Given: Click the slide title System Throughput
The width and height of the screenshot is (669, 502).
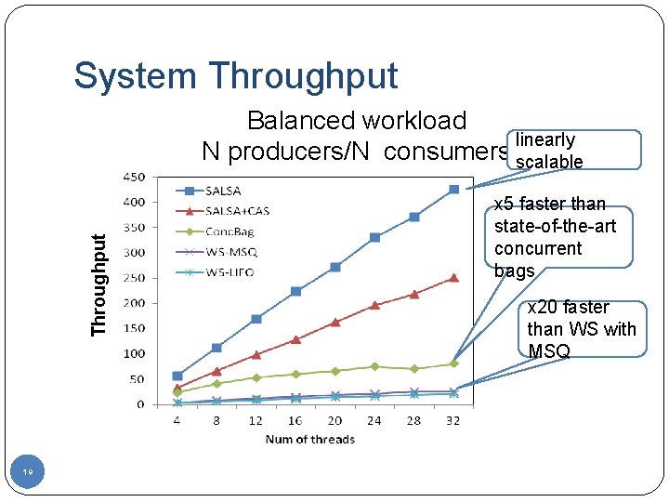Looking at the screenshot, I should tap(235, 76).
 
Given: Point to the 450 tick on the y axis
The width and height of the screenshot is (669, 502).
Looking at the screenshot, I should tap(134, 177).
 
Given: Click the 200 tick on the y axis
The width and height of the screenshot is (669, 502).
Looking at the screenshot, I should tap(134, 303).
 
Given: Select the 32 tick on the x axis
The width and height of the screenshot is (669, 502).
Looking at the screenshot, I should tap(453, 420).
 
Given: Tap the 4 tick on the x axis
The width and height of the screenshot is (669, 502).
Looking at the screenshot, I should tap(177, 420).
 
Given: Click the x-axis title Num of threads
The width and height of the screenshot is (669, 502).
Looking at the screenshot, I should tap(309, 439).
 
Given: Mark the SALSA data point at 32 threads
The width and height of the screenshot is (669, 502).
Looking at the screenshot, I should tap(453, 190).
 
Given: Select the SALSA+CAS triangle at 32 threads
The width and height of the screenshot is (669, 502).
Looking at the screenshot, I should tap(453, 278).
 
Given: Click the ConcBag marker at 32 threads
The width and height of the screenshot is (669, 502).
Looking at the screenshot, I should tap(453, 363).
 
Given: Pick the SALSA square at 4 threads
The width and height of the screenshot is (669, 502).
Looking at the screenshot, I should tap(177, 376).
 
